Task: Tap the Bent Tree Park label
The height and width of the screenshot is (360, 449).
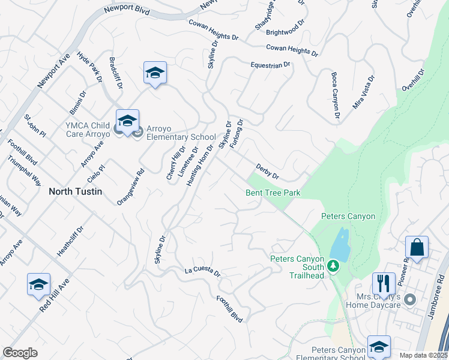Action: tap(273, 193)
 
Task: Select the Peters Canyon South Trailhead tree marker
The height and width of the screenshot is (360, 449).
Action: tap(333, 265)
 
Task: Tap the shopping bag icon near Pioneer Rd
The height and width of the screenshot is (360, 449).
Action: tap(417, 247)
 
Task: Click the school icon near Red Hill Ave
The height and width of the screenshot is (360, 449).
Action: tap(38, 284)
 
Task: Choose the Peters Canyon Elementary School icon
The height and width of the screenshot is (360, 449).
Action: tap(379, 346)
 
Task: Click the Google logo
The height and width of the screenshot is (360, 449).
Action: tap(20, 353)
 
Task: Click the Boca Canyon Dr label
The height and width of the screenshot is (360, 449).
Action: tap(336, 95)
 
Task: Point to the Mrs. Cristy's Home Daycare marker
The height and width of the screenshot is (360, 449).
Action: tap(411, 299)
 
